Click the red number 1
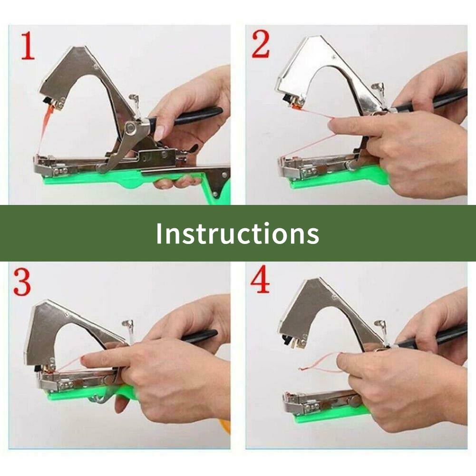[x=28, y=46]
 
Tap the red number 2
[x=261, y=44]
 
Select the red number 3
[x=22, y=282]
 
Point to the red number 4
[x=260, y=279]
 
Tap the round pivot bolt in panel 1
[x=131, y=127]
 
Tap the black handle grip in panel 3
[x=200, y=336]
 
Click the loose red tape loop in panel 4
[x=319, y=364]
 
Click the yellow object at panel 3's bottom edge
[x=226, y=427]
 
